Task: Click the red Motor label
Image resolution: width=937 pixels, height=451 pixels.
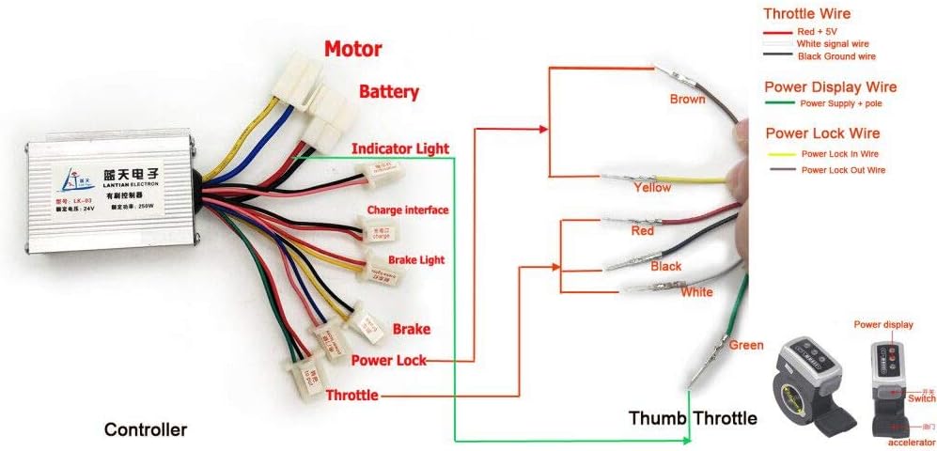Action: coord(353,49)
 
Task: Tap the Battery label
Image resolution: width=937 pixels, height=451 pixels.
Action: coord(389,93)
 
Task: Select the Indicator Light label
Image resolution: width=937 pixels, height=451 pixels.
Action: coord(400,148)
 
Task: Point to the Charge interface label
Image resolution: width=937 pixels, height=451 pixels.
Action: coord(408,210)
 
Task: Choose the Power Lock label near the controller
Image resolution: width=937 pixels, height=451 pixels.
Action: coord(389,360)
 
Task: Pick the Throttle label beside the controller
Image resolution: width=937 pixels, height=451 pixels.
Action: coord(351,396)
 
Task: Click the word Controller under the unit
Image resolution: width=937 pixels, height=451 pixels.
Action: coord(145,430)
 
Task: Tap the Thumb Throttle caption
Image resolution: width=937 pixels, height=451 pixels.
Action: coord(693,417)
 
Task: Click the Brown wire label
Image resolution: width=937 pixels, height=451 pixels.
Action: coord(687,99)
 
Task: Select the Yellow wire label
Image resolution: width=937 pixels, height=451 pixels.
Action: coord(651,187)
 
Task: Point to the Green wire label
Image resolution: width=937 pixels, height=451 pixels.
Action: coord(746,346)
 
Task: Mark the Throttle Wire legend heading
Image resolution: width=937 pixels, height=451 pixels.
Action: coord(807,14)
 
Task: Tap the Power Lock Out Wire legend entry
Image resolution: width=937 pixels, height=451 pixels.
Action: coord(843,170)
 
